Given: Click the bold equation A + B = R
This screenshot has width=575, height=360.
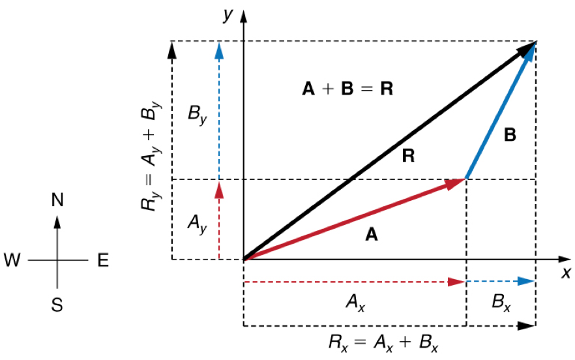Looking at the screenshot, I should click(x=347, y=89).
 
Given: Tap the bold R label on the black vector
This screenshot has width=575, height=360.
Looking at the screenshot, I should click(x=409, y=156).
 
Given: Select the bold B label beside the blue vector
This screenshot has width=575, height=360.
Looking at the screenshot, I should click(x=510, y=136).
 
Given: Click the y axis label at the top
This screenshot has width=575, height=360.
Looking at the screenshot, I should click(x=228, y=14).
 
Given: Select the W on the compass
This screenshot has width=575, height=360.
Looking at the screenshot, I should click(x=12, y=260).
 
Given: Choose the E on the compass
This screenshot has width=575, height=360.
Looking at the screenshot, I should click(x=103, y=260).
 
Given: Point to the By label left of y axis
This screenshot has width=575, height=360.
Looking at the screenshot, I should click(x=198, y=115).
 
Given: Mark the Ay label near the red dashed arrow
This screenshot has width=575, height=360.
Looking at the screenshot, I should click(x=196, y=223).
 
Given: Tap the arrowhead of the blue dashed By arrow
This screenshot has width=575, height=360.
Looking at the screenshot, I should click(x=219, y=50).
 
